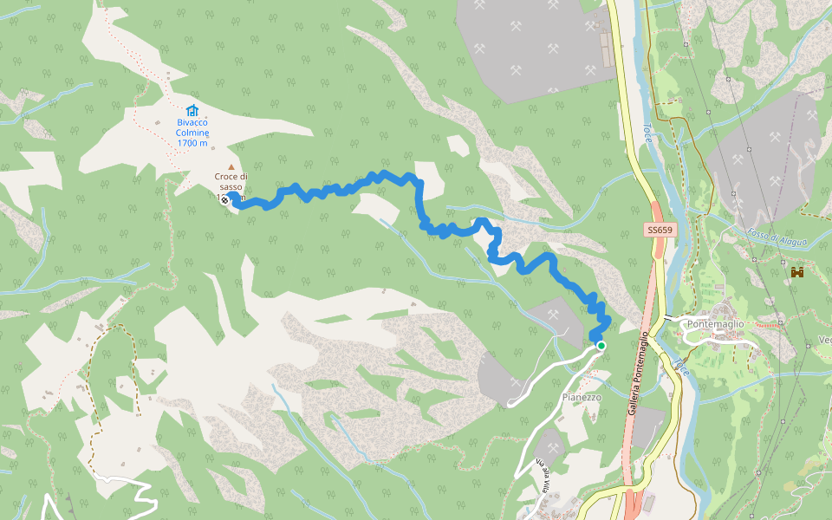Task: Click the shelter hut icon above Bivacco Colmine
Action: [192, 110]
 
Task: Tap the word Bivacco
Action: [192, 122]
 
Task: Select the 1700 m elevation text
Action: [192, 144]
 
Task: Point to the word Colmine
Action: [192, 133]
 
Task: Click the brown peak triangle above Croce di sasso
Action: [231, 166]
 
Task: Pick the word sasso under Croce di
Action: [231, 187]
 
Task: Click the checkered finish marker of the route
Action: [225, 200]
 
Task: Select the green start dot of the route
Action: [601, 346]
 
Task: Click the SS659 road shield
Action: [660, 231]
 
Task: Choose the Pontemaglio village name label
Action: [715, 324]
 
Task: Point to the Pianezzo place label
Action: [581, 397]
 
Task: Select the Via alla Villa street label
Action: [543, 467]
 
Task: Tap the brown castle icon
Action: [797, 272]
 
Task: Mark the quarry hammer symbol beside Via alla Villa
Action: [552, 447]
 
